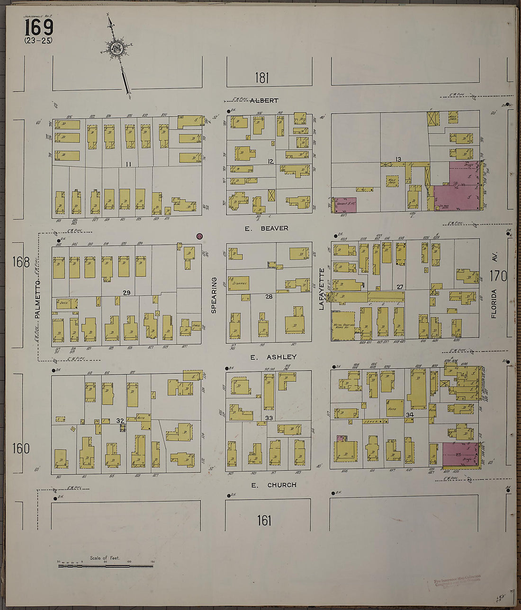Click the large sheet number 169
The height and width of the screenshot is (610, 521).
39,27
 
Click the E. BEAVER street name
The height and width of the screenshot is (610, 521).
266,228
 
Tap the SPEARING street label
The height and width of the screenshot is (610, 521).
214,295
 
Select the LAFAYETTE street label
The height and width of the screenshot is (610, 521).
322,289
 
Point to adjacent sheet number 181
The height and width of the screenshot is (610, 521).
261,78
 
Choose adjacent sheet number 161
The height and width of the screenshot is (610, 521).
264,521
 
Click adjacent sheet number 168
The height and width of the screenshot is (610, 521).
21,262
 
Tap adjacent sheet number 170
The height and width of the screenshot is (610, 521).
498,275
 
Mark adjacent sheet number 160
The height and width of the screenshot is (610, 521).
21,448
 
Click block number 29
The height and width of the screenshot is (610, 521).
126,293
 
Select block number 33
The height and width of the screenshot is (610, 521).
269,418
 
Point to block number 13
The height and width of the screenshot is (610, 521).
398,159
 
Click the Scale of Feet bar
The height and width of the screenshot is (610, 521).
105,566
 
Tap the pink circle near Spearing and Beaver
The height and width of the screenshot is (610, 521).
199,236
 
